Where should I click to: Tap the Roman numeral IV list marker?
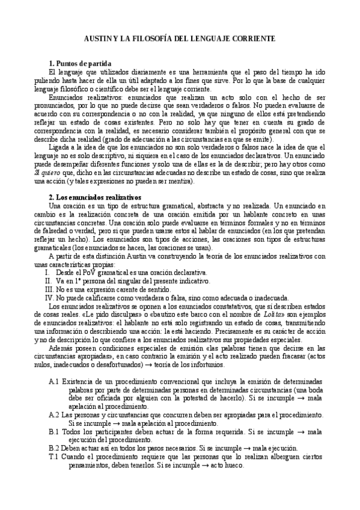(50, 298)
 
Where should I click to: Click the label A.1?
(53, 381)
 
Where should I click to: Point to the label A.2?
(53, 415)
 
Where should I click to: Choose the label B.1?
(53, 432)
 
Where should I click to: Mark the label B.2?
(53, 448)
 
